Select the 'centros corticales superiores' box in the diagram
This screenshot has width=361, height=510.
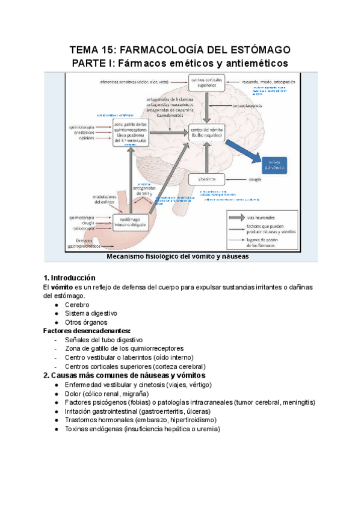tap(205, 82)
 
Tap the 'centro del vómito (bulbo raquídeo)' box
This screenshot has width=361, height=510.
tap(206, 134)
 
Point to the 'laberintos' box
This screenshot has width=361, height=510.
tap(206, 179)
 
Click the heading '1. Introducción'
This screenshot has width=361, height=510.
tap(69, 278)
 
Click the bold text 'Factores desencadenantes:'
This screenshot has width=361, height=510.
tap(87, 331)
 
